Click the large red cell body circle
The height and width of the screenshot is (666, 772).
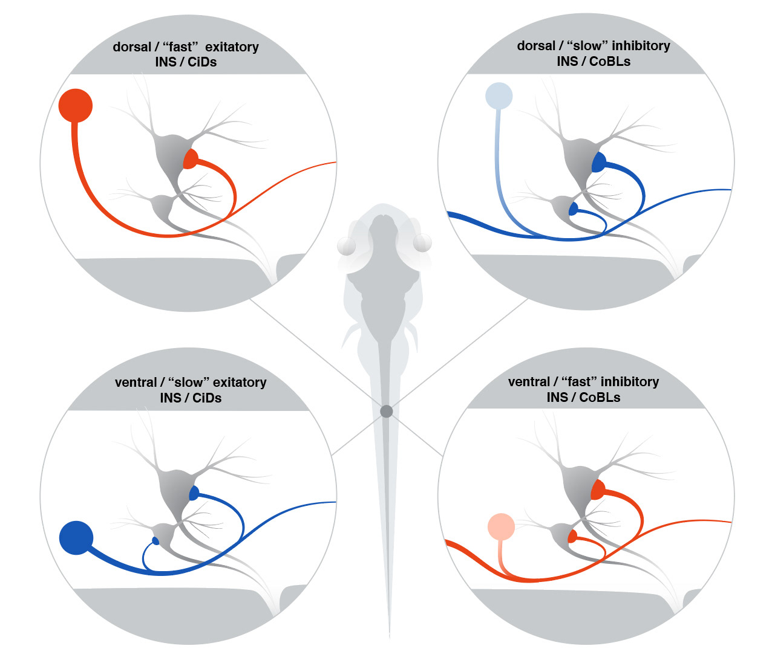[x=76, y=105]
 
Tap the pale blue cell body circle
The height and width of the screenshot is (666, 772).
[x=499, y=96]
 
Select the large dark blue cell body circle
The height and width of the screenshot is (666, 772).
[x=76, y=537]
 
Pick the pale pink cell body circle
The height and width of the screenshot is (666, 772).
[x=501, y=527]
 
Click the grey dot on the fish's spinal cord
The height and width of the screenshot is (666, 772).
[x=387, y=412]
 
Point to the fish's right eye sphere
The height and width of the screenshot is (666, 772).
[x=422, y=243]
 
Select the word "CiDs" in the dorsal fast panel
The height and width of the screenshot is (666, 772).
[x=202, y=62]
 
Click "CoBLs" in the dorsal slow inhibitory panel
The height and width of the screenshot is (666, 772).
[x=610, y=62]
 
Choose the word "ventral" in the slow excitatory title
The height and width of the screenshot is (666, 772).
[x=136, y=383]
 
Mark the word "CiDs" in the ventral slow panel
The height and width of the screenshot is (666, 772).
[x=207, y=398]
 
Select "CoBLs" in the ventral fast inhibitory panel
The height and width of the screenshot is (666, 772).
[x=600, y=398]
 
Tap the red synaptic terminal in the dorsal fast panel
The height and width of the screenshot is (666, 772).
[x=190, y=160]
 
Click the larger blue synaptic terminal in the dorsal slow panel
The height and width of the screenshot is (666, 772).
[x=598, y=163]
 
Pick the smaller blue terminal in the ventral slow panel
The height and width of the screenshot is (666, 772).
[x=155, y=540]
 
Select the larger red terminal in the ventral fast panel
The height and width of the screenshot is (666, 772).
[x=598, y=489]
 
